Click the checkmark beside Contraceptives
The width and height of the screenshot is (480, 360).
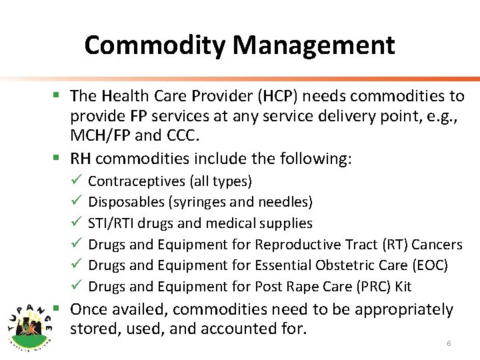75,181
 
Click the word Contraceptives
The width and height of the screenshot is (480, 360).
137,181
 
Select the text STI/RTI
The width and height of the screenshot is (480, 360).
111,223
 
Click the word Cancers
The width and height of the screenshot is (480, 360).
437,245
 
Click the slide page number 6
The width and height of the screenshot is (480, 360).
449,343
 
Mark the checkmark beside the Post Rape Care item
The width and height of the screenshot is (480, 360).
75,287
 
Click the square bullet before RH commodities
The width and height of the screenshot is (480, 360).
58,159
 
